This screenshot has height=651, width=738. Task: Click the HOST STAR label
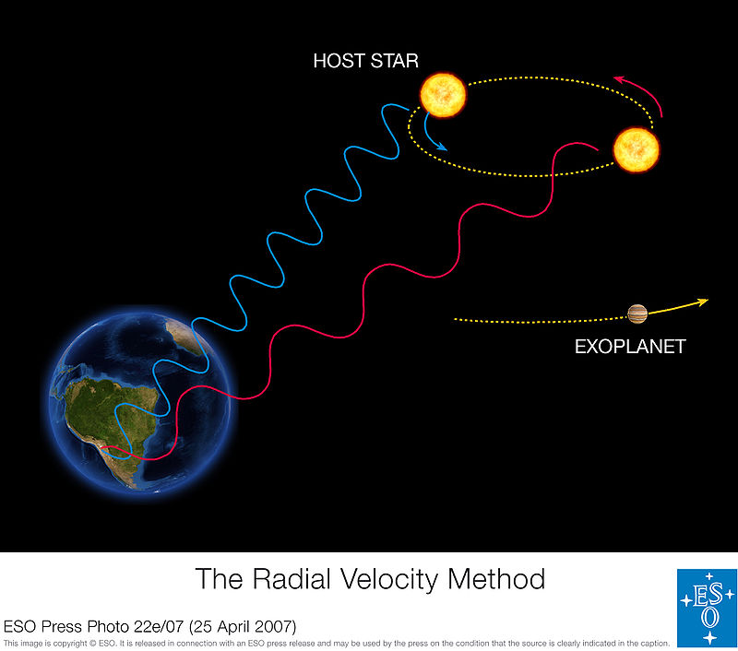(365, 62)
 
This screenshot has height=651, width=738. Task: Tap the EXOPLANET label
(630, 347)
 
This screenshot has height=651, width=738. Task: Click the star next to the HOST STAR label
(443, 95)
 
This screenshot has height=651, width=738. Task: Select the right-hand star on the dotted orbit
(637, 148)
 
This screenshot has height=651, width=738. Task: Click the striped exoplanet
(637, 314)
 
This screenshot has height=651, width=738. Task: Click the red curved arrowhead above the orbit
(620, 81)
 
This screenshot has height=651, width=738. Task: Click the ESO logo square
(706, 608)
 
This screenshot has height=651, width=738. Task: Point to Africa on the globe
(189, 337)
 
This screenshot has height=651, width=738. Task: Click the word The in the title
(218, 579)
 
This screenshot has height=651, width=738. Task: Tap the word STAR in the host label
(394, 62)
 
